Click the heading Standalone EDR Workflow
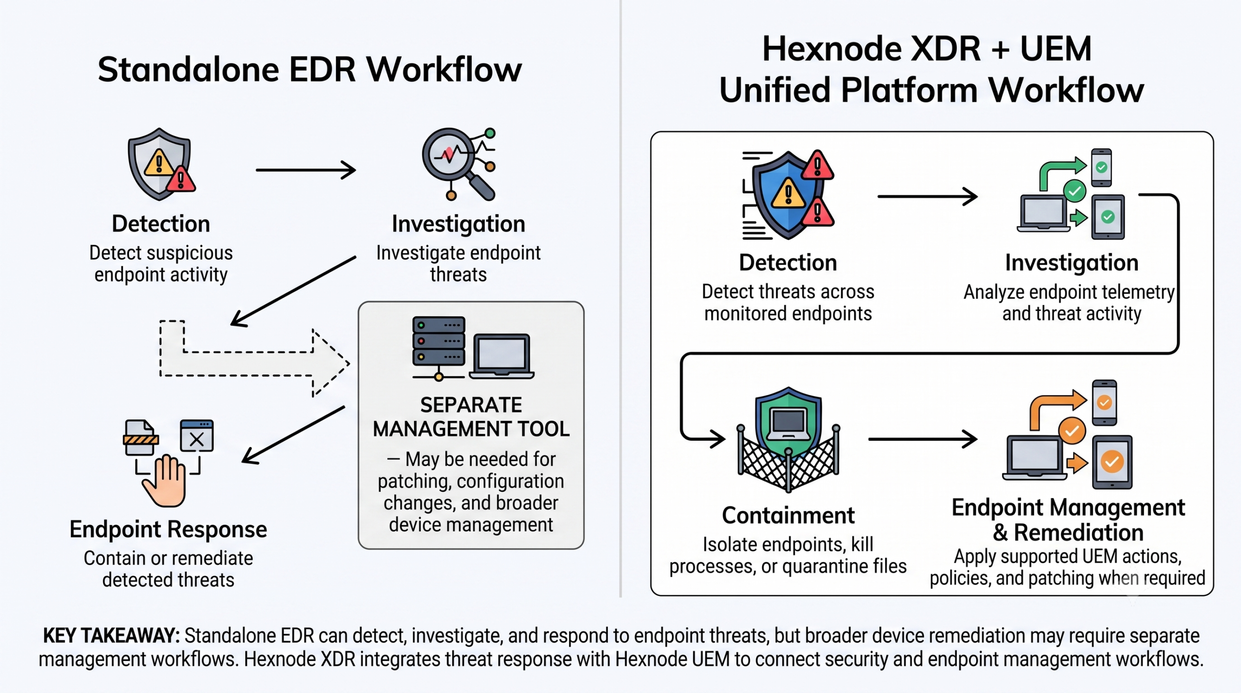(x=310, y=69)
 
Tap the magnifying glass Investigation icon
(x=459, y=164)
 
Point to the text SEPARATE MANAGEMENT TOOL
(x=471, y=417)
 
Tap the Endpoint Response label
(x=168, y=529)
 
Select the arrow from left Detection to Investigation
(x=306, y=170)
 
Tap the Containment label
(x=788, y=515)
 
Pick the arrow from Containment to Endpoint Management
(x=923, y=439)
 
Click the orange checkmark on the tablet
(x=1112, y=461)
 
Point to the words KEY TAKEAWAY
(x=111, y=635)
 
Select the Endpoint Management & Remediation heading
(x=1068, y=520)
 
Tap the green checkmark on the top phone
(x=1101, y=167)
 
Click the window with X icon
(x=196, y=435)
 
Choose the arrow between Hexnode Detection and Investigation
(x=927, y=196)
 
